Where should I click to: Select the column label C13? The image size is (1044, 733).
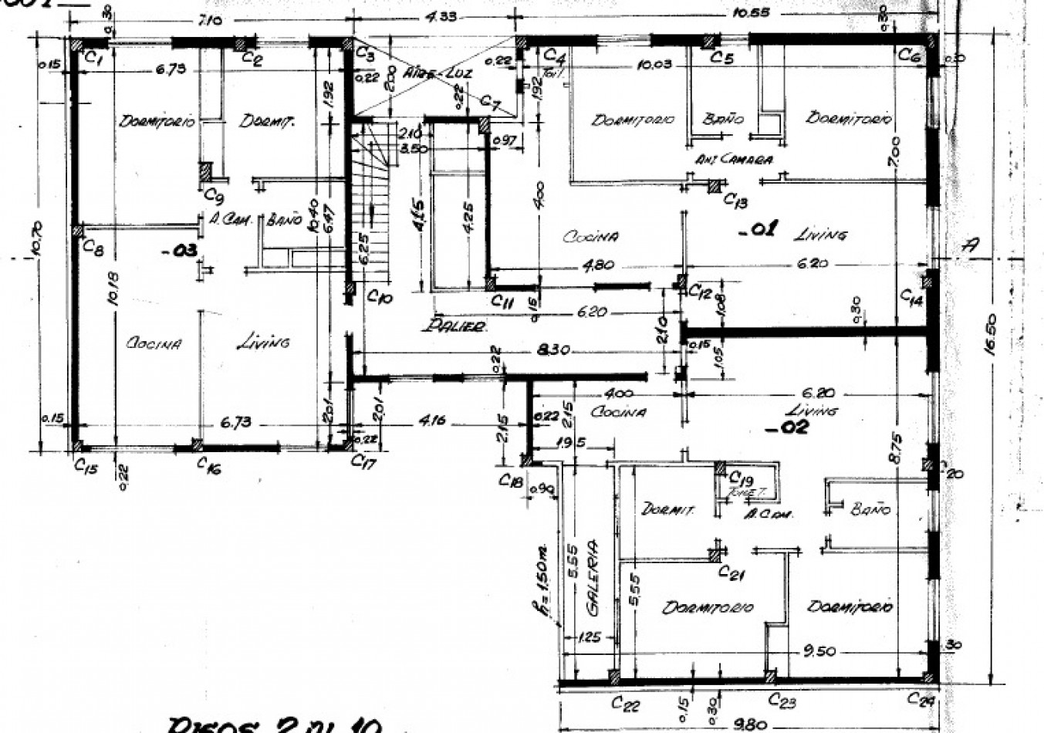735,200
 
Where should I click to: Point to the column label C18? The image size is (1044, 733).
511,481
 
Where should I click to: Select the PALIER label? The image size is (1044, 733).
454,326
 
